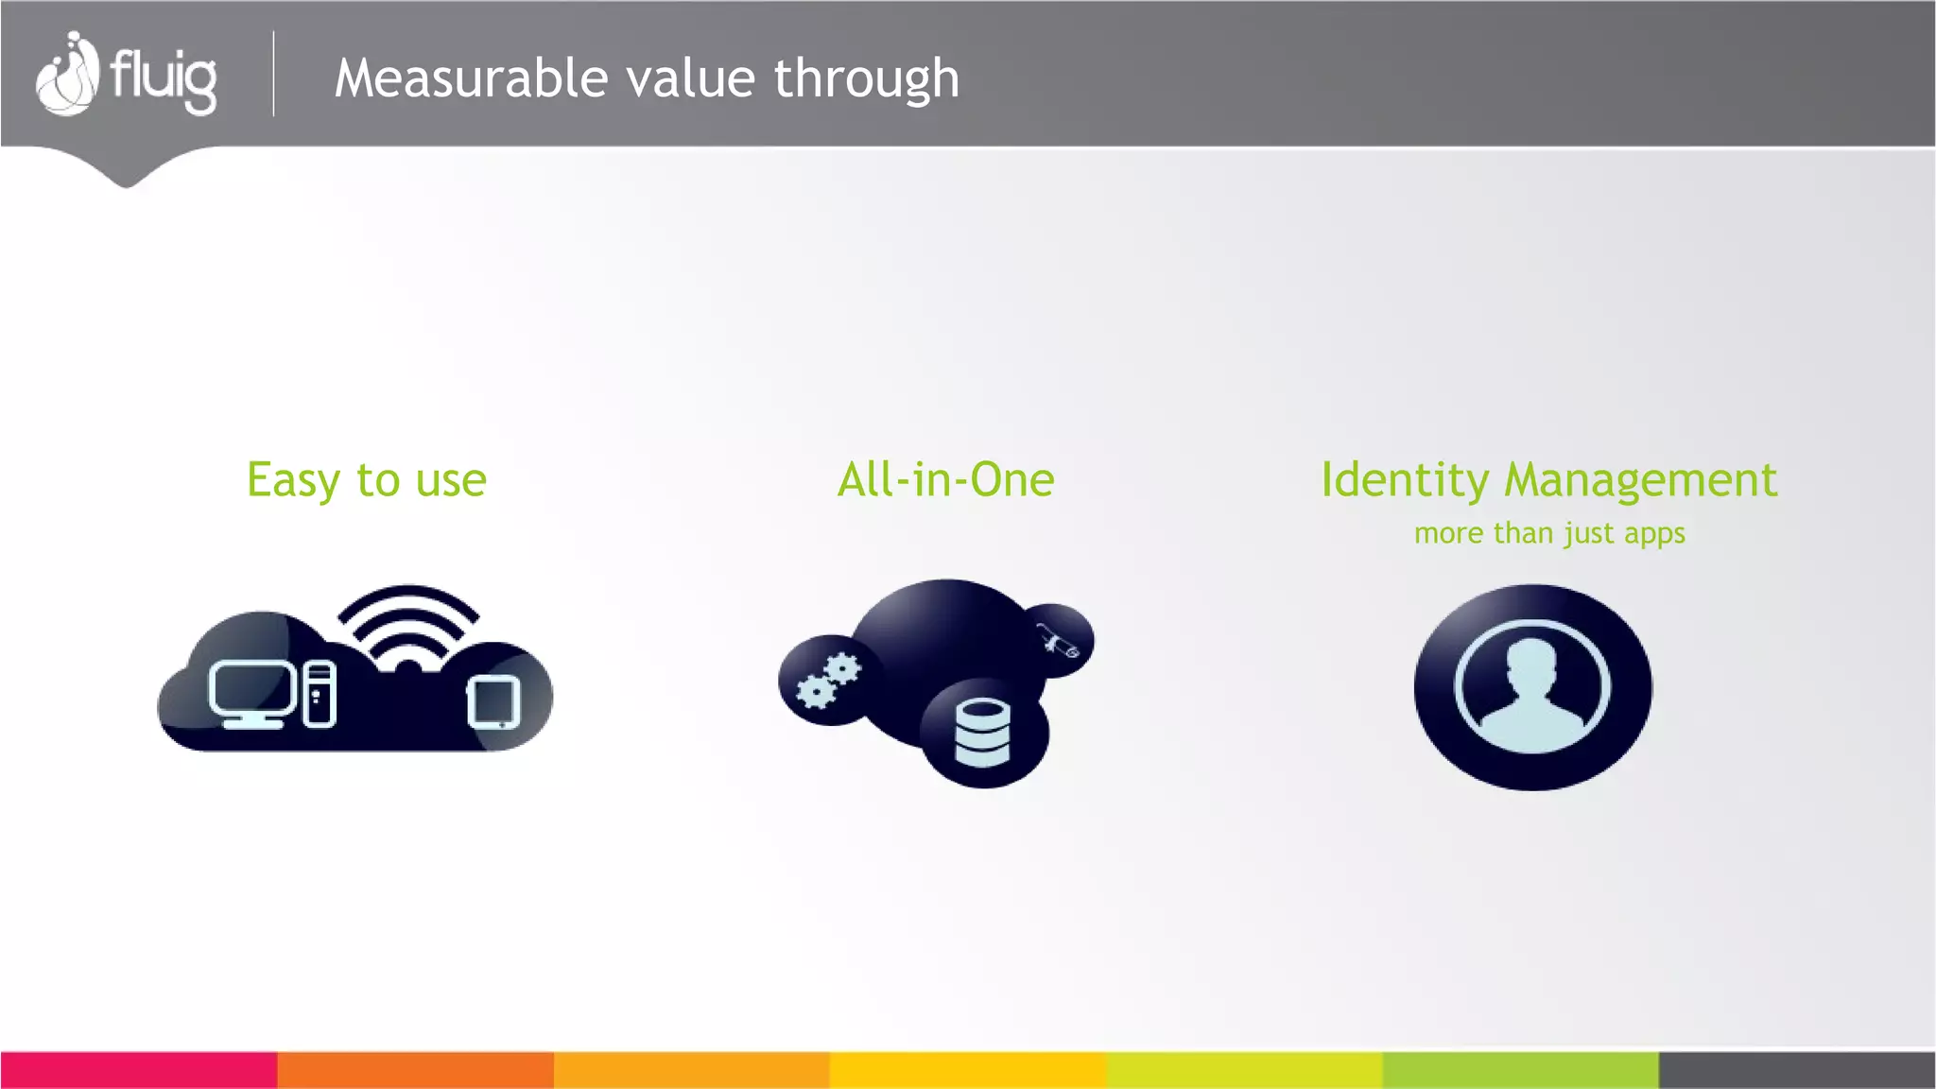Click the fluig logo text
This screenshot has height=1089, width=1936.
[163, 78]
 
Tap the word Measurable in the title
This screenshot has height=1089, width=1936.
[471, 78]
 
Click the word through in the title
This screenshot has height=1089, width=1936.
[866, 79]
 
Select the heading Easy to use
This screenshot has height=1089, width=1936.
[367, 480]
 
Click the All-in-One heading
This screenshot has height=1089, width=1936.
[945, 480]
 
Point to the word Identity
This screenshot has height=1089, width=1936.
[1405, 480]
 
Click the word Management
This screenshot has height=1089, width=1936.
[1640, 480]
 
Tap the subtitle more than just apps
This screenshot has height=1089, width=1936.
[1549, 533]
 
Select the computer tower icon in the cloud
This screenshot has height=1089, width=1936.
[320, 695]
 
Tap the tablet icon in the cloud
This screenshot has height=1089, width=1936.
[493, 702]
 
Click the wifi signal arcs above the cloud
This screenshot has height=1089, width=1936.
[408, 624]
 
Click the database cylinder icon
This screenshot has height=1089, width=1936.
[982, 733]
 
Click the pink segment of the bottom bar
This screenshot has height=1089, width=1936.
[138, 1070]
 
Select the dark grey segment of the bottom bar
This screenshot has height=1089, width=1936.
[1796, 1070]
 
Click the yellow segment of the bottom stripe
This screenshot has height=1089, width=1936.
[968, 1070]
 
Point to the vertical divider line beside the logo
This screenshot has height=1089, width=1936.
[274, 74]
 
